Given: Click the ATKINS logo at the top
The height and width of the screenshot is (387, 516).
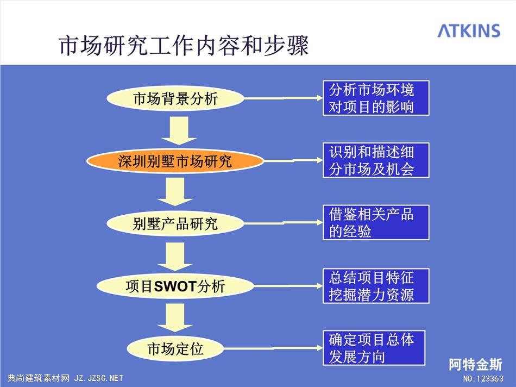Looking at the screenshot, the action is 469,30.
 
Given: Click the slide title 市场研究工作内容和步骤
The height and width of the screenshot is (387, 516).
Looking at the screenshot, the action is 184,45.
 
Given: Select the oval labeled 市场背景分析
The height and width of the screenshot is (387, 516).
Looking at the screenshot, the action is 175,98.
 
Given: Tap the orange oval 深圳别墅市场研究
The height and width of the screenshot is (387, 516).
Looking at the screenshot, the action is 175,161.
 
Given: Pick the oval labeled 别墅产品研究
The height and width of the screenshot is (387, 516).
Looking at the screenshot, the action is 175,223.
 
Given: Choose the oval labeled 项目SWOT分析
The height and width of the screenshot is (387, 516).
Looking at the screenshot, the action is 175,286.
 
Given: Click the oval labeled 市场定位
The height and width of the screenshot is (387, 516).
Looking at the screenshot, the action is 175,348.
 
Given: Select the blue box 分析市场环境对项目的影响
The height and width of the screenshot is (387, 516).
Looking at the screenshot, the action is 376,98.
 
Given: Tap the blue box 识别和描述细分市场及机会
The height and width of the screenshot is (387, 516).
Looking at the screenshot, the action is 376,160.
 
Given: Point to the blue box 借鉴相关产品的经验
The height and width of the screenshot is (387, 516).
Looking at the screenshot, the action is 376,222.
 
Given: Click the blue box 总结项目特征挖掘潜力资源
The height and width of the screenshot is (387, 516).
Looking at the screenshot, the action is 376,286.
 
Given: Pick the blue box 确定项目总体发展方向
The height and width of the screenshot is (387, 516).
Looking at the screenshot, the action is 374,348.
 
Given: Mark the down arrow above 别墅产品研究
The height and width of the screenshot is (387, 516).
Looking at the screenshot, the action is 175,192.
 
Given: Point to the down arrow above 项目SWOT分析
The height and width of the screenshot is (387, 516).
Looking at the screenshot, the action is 175,257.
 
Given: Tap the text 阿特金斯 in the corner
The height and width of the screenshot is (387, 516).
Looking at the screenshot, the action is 475,365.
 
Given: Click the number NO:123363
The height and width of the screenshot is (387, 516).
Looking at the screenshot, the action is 483,378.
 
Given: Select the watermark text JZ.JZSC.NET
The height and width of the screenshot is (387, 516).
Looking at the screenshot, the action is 98,378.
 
